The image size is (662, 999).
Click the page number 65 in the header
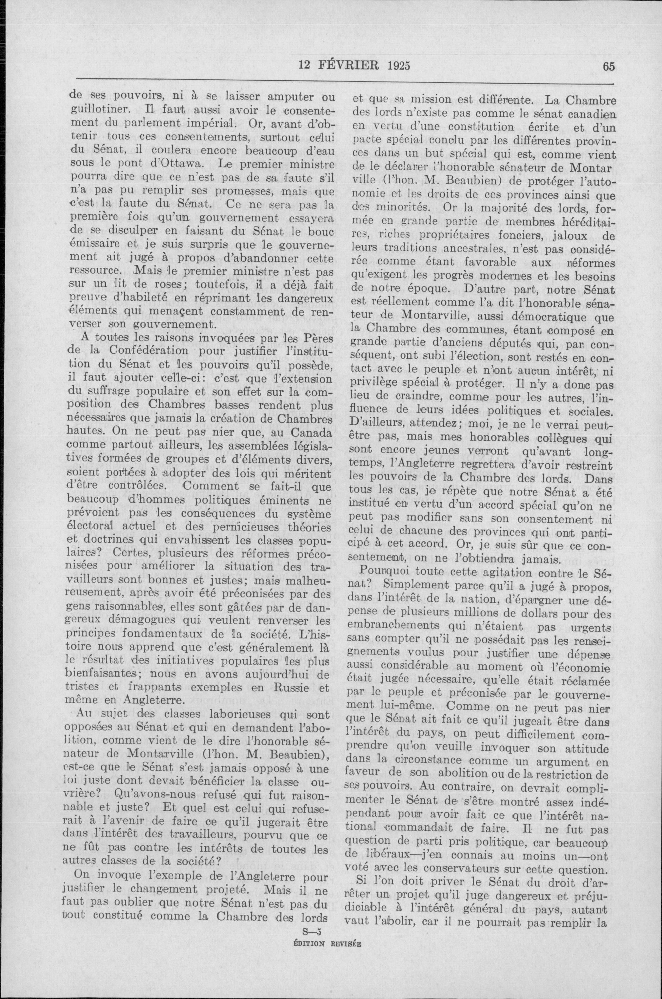[610, 66]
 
